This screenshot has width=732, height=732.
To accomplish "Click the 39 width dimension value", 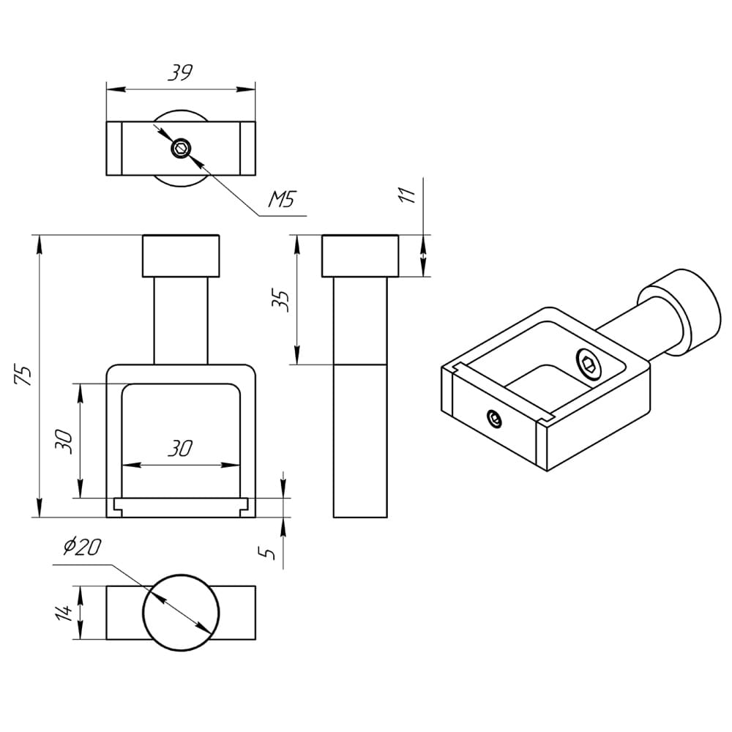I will pyautogui.click(x=180, y=72).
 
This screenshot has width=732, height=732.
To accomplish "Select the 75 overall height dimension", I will pyautogui.click(x=25, y=375).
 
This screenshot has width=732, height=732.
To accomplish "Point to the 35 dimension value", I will pyautogui.click(x=284, y=300).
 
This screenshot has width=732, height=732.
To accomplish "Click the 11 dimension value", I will pyautogui.click(x=408, y=194).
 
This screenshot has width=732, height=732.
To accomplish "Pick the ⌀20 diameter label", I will pyautogui.click(x=82, y=547).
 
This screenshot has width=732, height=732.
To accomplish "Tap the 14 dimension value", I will pyautogui.click(x=64, y=612).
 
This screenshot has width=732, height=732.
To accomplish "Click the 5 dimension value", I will pyautogui.click(x=270, y=553).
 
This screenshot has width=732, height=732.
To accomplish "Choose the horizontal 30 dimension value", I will pyautogui.click(x=180, y=449).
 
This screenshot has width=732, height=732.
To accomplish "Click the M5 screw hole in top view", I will pyautogui.click(x=180, y=149).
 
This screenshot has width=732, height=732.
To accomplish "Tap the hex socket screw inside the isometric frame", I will pyautogui.click(x=589, y=363).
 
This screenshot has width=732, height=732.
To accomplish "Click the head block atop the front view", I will pyautogui.click(x=181, y=255).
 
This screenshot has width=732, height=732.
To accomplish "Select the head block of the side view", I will pyautogui.click(x=359, y=255).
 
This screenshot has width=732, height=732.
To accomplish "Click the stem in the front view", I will pyautogui.click(x=181, y=320).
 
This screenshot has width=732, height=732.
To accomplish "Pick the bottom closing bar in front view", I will pyautogui.click(x=181, y=507).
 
